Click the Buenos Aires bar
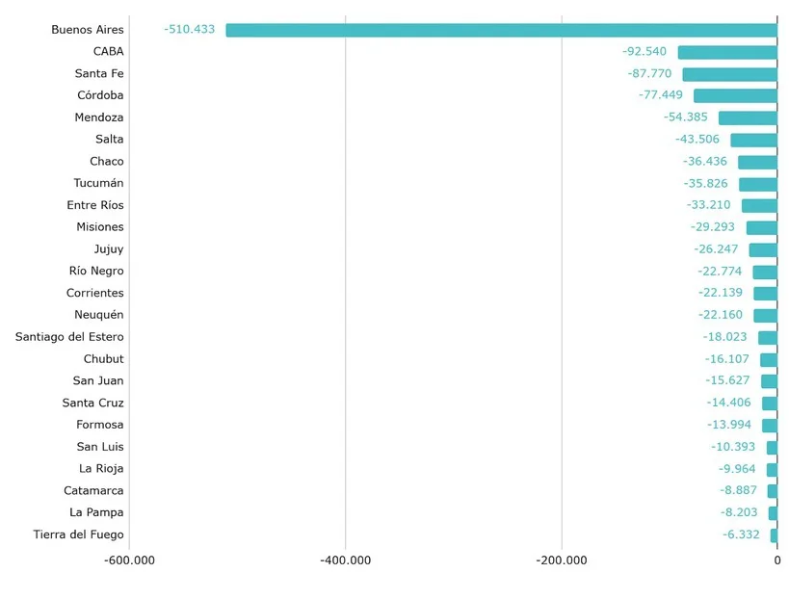pyautogui.click(x=501, y=30)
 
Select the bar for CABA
pyautogui.click(x=727, y=52)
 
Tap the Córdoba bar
pyautogui.click(x=735, y=95)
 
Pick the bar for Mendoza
pyautogui.click(x=748, y=117)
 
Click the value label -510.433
pyautogui.click(x=190, y=30)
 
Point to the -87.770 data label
pyautogui.click(x=650, y=73)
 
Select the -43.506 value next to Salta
pyautogui.click(x=697, y=140)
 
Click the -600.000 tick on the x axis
pyautogui.click(x=129, y=560)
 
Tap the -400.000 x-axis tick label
pyautogui.click(x=346, y=560)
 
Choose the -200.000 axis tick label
pyautogui.click(x=562, y=560)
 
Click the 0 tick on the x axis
pyautogui.click(x=777, y=560)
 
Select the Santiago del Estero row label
pyautogui.click(x=69, y=337)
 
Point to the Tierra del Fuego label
pyautogui.click(x=78, y=534)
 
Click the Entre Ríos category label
pyautogui.click(x=95, y=205)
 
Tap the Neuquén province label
pyautogui.click(x=99, y=315)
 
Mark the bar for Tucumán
pyautogui.click(x=758, y=184)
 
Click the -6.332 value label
pyautogui.click(x=742, y=534)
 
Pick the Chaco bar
pyautogui.click(x=757, y=162)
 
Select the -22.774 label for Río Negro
pyautogui.click(x=721, y=272)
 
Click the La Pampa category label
pyautogui.click(x=96, y=512)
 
